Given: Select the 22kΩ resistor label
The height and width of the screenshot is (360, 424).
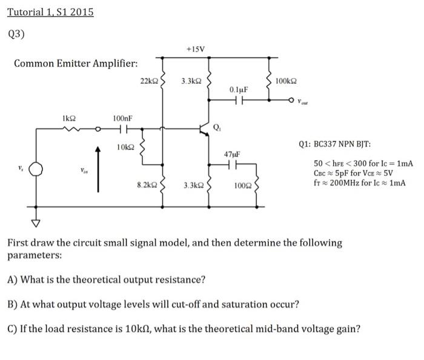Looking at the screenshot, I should [x=148, y=81].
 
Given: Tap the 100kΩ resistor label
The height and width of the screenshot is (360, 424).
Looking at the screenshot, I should [x=285, y=81].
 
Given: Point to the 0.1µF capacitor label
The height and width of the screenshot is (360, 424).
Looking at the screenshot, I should [x=238, y=90].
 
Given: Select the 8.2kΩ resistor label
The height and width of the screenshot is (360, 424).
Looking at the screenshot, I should [x=147, y=184].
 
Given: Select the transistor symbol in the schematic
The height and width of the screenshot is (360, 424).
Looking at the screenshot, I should [x=204, y=129].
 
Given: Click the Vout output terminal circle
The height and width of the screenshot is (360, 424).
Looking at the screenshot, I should [x=292, y=100].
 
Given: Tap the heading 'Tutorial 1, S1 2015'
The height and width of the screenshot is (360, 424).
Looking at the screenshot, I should [x=50, y=12].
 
